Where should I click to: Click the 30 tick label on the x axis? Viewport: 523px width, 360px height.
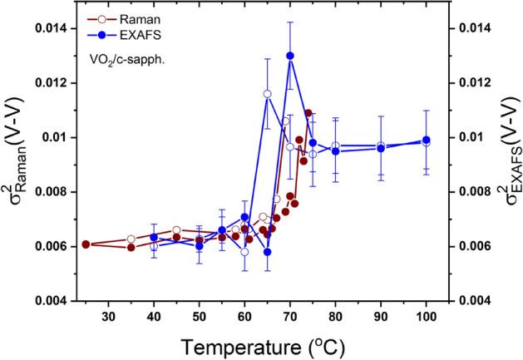(x=108, y=317)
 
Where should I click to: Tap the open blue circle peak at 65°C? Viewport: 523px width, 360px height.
(x=267, y=94)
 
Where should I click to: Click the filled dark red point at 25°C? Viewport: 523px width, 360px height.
(x=86, y=244)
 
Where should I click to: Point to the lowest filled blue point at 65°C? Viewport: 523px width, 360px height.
(x=267, y=252)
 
